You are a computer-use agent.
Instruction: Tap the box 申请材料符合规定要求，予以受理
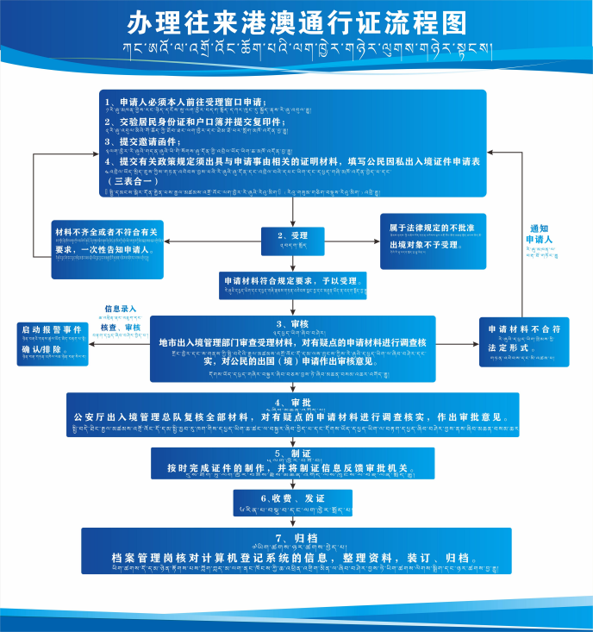(293, 285)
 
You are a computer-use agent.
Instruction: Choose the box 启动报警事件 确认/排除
(53, 342)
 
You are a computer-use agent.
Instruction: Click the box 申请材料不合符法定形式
(524, 339)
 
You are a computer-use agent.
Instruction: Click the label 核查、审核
(120, 328)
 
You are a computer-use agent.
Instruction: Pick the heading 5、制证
(293, 453)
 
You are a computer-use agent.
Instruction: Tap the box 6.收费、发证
(293, 499)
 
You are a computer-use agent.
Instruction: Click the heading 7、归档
(293, 538)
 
